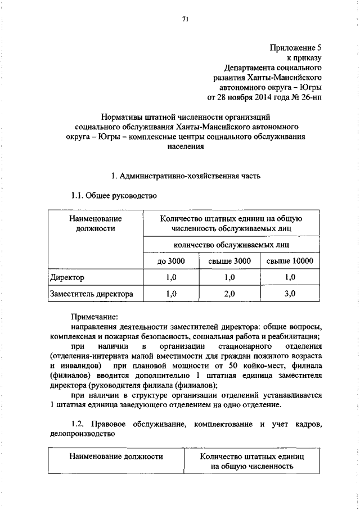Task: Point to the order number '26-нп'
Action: [310, 97]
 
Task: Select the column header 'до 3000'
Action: [170, 261]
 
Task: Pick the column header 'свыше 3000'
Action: [228, 261]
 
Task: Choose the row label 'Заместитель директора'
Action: [92, 294]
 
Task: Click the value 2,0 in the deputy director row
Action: [228, 294]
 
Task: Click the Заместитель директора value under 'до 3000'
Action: [170, 294]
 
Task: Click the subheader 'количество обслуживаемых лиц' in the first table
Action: [228, 245]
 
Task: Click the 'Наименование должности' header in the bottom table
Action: [116, 456]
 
